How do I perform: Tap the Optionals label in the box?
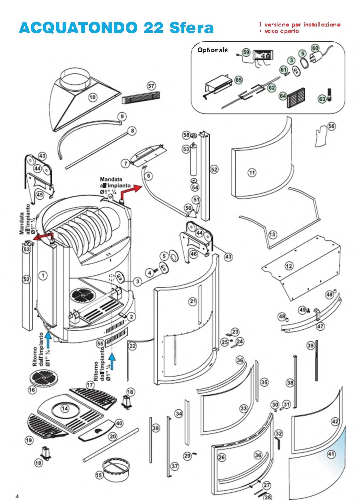[x=212, y=50]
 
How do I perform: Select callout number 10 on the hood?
[x=92, y=97]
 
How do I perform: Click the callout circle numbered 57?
[x=151, y=86]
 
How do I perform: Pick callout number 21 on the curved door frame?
[x=193, y=302]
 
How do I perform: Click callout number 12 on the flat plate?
[x=289, y=266]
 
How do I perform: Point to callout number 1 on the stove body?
[x=43, y=275]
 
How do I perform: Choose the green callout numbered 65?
[x=238, y=80]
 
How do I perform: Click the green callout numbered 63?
[x=322, y=99]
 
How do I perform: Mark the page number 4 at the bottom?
[x=17, y=496]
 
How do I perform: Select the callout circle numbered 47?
[x=320, y=326]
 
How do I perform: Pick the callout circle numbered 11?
[x=252, y=173]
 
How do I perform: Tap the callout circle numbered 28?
[x=268, y=497]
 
